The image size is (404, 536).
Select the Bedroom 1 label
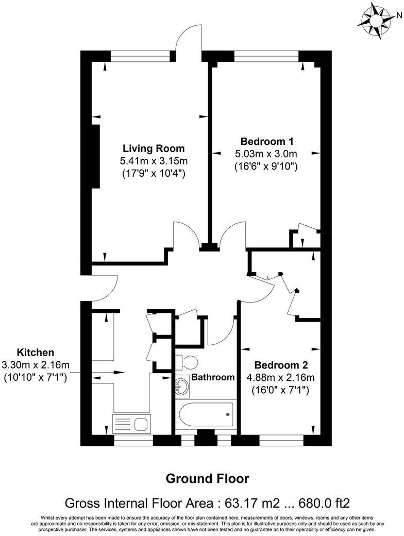[266, 141]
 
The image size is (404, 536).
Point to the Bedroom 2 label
[281, 365]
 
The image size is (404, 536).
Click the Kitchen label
[36, 353]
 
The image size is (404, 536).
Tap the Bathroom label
[213, 377]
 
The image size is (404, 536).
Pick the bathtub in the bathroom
[205, 415]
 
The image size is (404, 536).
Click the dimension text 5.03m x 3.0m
[266, 154]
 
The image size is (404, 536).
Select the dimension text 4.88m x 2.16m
[281, 378]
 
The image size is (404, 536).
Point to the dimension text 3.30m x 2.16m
[36, 365]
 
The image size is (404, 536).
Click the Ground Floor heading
[207, 479]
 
